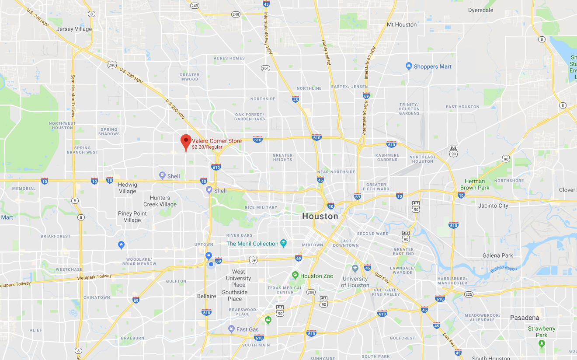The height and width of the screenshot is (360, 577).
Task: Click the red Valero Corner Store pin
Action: click(186, 141)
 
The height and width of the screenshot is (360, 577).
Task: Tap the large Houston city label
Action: click(320, 216)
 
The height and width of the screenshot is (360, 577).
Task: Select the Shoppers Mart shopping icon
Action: click(409, 66)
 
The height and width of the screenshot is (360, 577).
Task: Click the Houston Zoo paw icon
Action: click(295, 276)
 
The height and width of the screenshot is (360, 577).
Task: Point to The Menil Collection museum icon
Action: click(283, 243)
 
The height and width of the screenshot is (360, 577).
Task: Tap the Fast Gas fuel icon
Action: click(231, 329)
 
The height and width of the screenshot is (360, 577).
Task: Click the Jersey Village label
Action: click(74, 29)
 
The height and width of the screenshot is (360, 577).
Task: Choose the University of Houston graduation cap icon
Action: click(355, 268)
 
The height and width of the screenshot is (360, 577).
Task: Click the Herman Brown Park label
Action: click(475, 184)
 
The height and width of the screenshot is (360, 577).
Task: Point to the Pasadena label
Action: click(525, 318)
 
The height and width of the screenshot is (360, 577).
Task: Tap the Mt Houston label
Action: click(402, 24)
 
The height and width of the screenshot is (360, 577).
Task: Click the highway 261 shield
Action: click(265, 68)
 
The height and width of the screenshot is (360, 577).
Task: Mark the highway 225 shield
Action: click(469, 294)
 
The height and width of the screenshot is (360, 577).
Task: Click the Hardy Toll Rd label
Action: click(326, 52)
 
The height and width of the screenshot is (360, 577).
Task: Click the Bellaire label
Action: click(206, 296)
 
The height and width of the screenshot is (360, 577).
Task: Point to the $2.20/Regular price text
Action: click(207, 147)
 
